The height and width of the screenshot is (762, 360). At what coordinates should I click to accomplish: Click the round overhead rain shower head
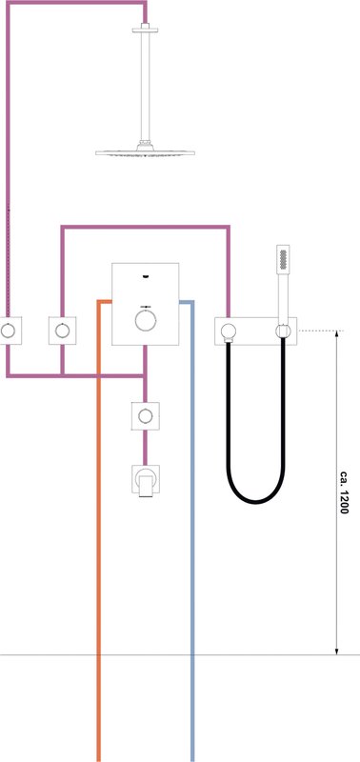click(146, 152)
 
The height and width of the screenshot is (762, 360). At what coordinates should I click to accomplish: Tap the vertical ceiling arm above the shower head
click(146, 87)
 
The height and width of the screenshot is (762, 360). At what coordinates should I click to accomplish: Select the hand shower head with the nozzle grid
click(283, 256)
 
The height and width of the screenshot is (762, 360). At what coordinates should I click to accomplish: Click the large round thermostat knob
click(145, 321)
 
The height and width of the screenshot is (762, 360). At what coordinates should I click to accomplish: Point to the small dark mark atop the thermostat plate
click(146, 276)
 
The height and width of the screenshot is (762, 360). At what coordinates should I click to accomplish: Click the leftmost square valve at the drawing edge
click(9, 331)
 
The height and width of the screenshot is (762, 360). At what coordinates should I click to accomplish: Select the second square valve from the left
click(62, 331)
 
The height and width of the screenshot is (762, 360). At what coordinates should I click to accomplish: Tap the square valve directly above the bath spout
click(145, 416)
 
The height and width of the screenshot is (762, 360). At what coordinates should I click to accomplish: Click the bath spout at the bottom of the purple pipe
click(146, 481)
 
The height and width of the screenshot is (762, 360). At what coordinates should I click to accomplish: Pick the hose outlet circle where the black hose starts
click(228, 331)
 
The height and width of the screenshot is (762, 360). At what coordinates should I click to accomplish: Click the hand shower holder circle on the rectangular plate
click(283, 331)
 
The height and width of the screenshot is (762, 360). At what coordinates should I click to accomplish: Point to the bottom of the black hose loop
click(255, 501)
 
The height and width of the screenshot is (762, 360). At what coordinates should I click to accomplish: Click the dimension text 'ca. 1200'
click(344, 492)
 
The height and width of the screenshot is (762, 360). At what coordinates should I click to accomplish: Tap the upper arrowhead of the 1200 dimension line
click(337, 335)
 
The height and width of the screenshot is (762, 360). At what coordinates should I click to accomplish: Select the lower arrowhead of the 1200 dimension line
click(337, 651)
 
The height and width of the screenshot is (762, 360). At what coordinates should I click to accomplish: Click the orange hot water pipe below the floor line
click(99, 708)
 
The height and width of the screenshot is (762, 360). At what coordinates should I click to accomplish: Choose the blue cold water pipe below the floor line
click(192, 708)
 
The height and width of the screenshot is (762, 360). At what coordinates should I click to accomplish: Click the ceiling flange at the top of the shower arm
click(146, 29)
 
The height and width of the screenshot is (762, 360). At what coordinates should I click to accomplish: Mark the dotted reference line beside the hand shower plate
click(321, 331)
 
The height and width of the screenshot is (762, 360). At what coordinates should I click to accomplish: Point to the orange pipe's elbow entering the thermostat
click(99, 302)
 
